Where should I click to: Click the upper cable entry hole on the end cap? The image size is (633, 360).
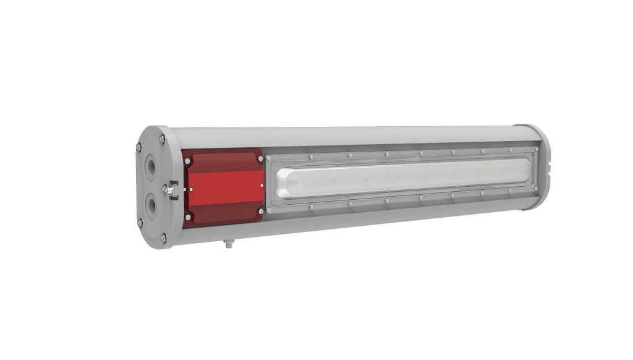tap(151, 167)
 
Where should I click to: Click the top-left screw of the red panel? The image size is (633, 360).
tap(187, 161)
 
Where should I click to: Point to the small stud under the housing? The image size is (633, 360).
tap(229, 245)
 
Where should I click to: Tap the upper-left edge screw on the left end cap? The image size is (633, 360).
tap(140, 147)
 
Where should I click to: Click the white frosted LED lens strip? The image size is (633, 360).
tap(402, 179)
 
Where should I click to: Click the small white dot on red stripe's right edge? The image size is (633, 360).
tap(262, 184)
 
